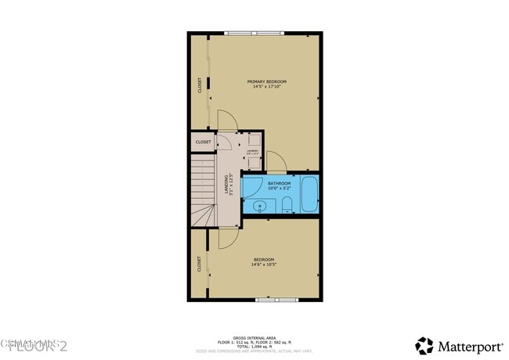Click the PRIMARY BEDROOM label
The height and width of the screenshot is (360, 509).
click(267, 81)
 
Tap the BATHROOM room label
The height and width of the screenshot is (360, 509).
click(279, 183)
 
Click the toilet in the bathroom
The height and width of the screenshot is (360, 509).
click(287, 206)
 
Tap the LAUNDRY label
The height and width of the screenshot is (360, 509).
click(253, 151)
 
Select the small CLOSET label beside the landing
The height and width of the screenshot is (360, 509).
click(203, 142)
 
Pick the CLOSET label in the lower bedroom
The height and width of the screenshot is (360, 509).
click(199, 264)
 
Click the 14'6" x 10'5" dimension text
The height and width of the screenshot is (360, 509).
click(264, 265)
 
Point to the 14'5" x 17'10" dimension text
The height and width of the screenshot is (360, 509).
click(267, 87)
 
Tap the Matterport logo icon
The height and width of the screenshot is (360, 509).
click(424, 345)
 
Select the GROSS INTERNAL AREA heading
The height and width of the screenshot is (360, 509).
click(254, 337)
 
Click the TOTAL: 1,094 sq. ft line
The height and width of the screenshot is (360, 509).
click(254, 346)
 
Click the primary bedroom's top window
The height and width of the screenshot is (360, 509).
click(254, 33)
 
